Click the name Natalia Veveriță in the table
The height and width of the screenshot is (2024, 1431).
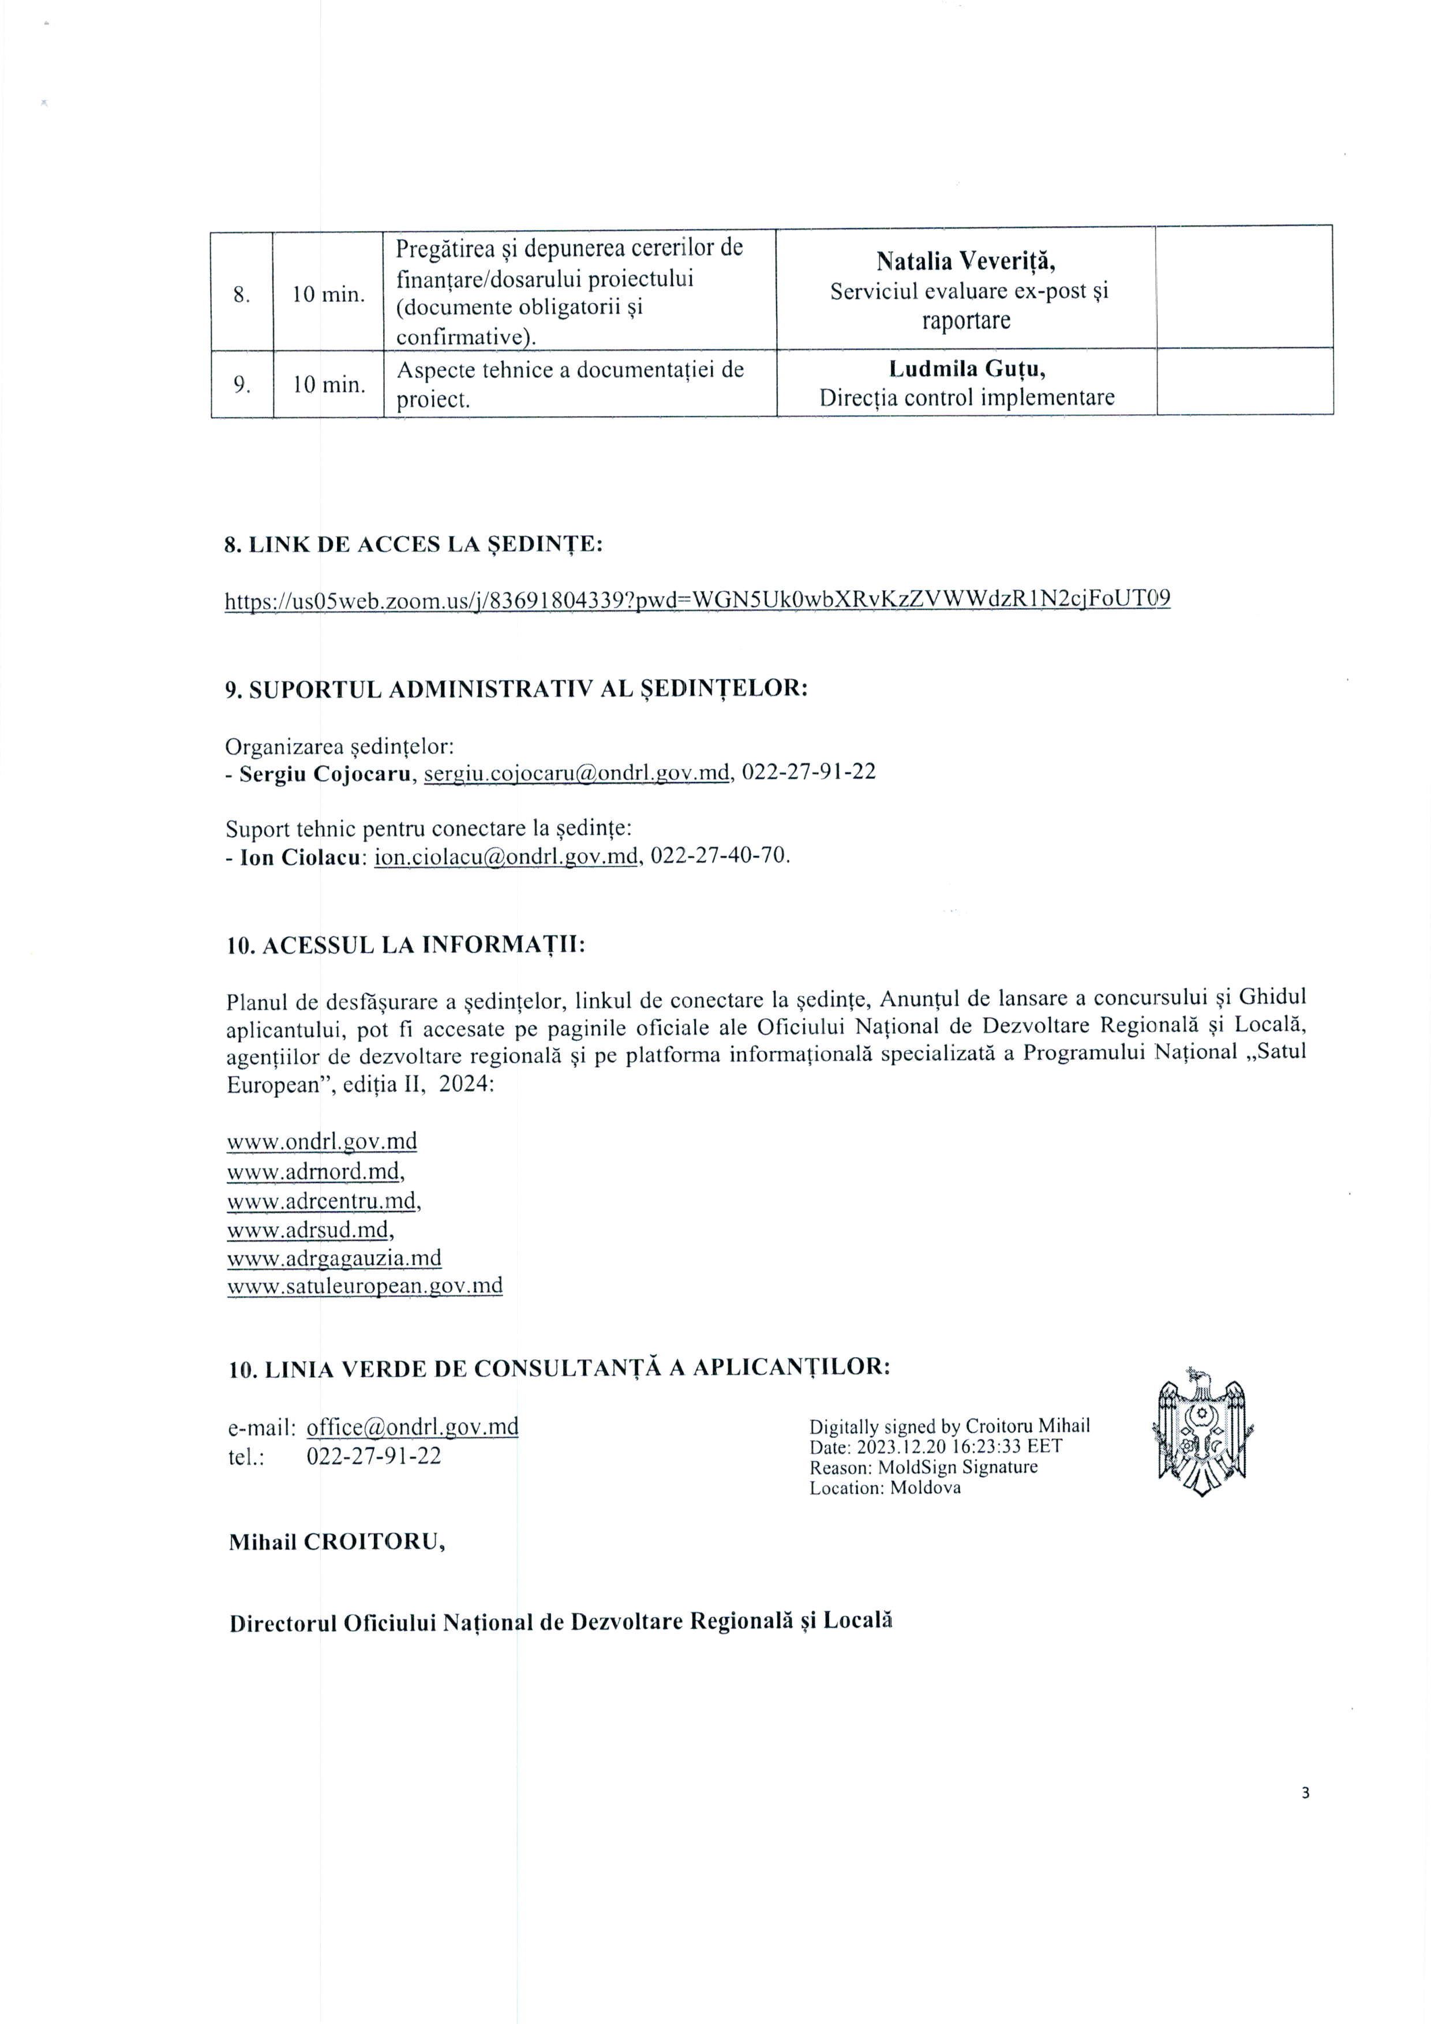pyautogui.click(x=965, y=261)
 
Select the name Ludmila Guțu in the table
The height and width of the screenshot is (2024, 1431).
pyautogui.click(x=967, y=369)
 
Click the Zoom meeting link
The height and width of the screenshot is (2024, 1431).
pyautogui.click(x=698, y=599)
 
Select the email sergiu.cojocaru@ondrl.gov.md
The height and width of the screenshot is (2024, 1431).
pyautogui.click(x=578, y=773)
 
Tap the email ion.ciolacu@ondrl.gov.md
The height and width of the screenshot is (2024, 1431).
pyautogui.click(x=506, y=857)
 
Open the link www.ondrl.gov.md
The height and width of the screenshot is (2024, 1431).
pyautogui.click(x=322, y=1142)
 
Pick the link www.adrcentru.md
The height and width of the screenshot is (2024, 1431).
pyautogui.click(x=321, y=1201)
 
